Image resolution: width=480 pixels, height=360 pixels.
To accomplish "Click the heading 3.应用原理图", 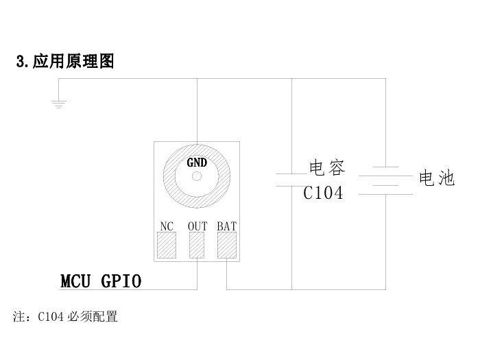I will coord(65,62).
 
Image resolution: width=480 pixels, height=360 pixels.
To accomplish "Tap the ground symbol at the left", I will coord(58,104).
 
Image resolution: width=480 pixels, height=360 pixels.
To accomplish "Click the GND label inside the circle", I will coord(197,163).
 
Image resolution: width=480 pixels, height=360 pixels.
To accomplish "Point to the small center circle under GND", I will coord(197,176).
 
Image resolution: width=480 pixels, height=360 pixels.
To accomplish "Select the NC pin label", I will coord(167,226).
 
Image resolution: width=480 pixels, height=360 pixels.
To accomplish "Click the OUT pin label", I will coord(197,226).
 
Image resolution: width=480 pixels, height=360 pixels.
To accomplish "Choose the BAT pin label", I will coord(227,226).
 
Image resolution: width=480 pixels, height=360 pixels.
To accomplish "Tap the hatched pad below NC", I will coord(167,245).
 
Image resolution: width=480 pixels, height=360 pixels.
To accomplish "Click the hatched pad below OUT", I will coord(197,245).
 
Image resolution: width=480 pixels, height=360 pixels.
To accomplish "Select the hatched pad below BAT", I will coord(227,245).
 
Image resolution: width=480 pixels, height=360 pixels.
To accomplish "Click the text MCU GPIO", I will coord(101,281).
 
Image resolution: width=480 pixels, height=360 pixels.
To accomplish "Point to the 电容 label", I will coord(327,168).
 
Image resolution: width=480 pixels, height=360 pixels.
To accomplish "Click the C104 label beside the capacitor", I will coord(323,193).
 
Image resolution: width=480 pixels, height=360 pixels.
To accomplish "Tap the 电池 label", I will coord(437,179).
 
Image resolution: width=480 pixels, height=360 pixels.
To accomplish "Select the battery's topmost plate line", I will coord(385,167).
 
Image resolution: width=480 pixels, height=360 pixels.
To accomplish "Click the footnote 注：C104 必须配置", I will coord(66,317).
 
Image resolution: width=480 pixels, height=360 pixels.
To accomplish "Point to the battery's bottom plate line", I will coord(385,195).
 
